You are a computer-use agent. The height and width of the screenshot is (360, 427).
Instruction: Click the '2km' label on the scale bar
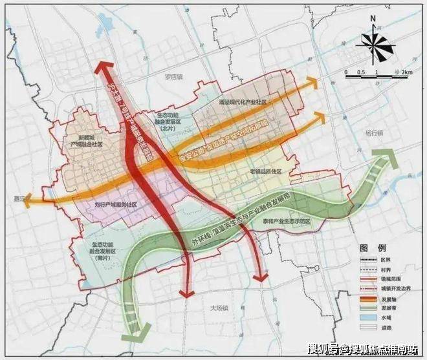click(x=406, y=70)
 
